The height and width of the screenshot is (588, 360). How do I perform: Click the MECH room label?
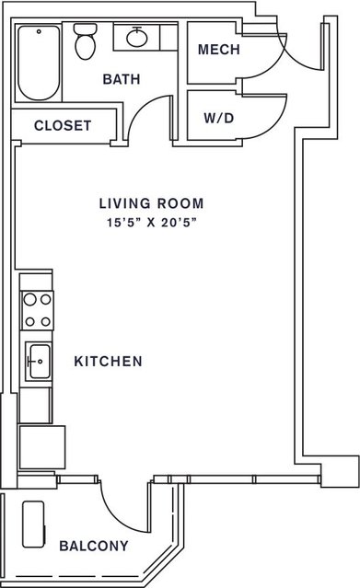click(x=219, y=50)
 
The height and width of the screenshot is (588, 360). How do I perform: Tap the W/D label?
click(x=219, y=119)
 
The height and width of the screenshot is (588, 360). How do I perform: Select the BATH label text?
click(x=122, y=79)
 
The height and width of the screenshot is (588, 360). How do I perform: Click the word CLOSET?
click(x=63, y=126)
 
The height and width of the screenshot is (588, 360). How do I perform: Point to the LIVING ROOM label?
click(x=152, y=203)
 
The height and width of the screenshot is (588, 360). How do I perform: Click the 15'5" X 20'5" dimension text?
click(x=152, y=223)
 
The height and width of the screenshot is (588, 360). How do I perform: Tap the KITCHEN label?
click(x=108, y=362)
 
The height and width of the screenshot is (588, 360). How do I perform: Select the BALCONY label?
click(x=94, y=546)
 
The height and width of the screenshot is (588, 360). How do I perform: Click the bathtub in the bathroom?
click(x=39, y=63)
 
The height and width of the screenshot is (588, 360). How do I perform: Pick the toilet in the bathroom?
click(x=86, y=41)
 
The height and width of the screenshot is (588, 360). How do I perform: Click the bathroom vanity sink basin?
click(x=136, y=37)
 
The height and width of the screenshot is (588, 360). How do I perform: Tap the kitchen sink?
click(x=38, y=362)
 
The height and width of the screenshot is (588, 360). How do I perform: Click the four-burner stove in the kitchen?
click(x=38, y=310)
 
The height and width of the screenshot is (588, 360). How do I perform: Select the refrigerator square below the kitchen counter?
click(x=41, y=446)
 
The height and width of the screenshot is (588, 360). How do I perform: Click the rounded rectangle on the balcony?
click(x=34, y=525)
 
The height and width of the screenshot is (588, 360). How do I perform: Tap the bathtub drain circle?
click(x=39, y=32)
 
